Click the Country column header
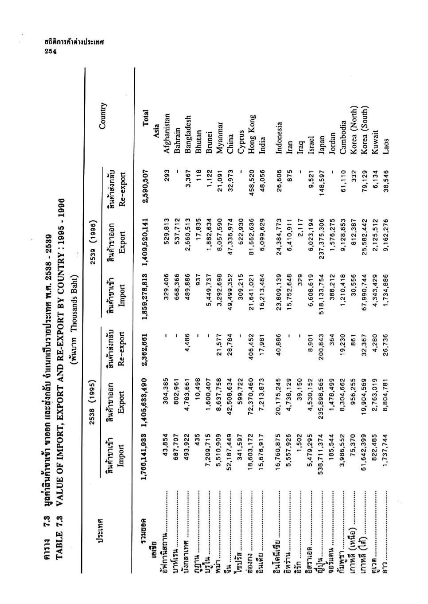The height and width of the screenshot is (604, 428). (103, 116)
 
